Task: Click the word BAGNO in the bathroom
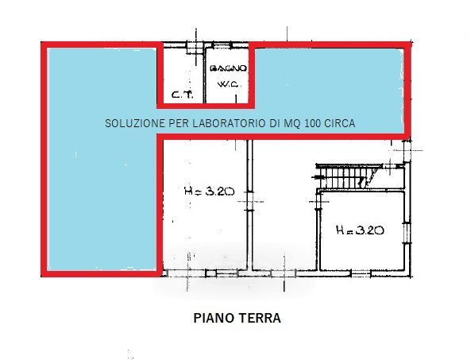(x=229, y=69)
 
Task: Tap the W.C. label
(x=229, y=84)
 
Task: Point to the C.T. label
(x=183, y=95)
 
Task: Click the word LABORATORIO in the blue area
(x=229, y=123)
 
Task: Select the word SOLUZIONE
(x=136, y=123)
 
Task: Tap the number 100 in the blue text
(x=312, y=123)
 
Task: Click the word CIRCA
(x=339, y=123)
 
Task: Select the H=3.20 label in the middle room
(x=210, y=191)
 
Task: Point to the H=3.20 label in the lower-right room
(x=360, y=230)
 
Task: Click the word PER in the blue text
(x=179, y=123)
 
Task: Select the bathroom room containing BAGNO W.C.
(x=227, y=75)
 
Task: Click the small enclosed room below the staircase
(x=362, y=231)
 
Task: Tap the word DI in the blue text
(x=274, y=123)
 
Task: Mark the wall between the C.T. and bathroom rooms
(x=205, y=75)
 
